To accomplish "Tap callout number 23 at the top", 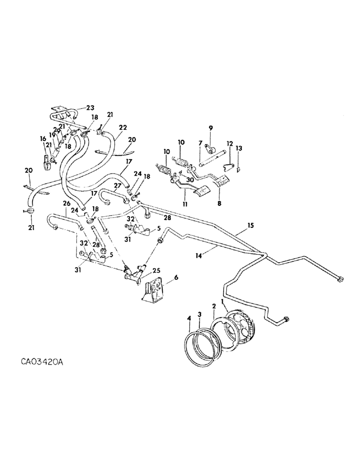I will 90,107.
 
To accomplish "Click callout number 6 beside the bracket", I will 176,278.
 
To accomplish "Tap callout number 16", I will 43,139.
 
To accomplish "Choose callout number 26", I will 66,203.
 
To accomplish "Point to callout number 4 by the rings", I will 189,318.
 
